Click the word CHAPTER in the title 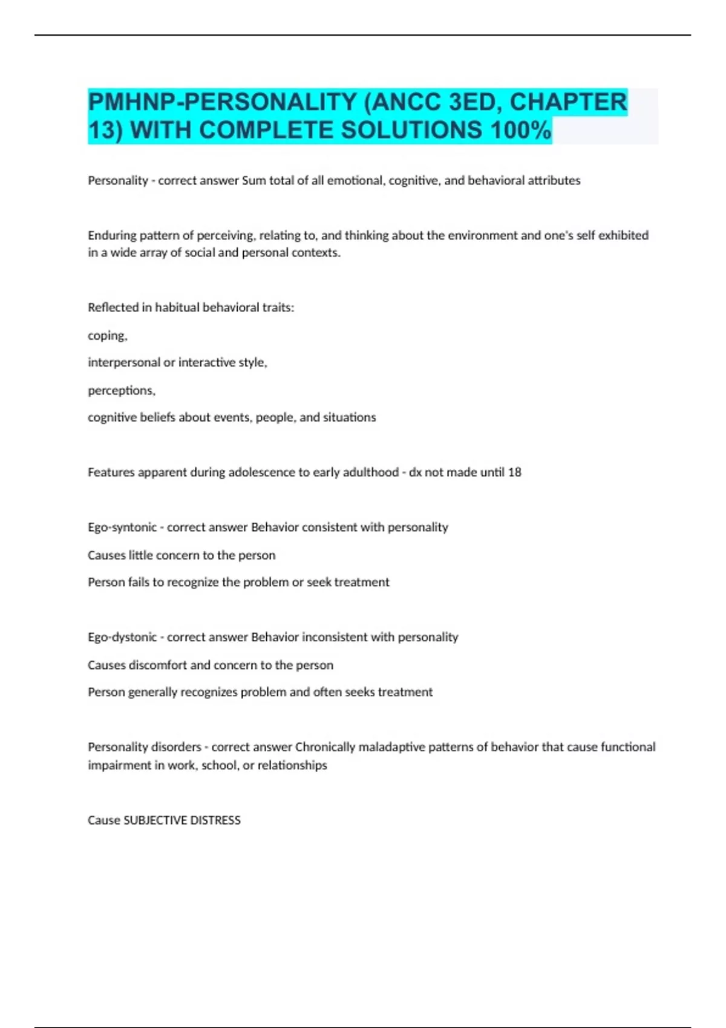pyautogui.click(x=568, y=102)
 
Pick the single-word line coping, pyautogui.click(x=108, y=336)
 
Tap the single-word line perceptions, pyautogui.click(x=122, y=391)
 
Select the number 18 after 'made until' pyautogui.click(x=514, y=472)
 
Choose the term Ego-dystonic pyautogui.click(x=122, y=637)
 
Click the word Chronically pyautogui.click(x=325, y=747)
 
